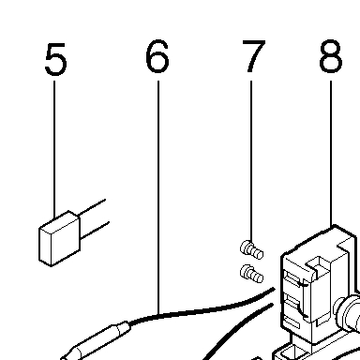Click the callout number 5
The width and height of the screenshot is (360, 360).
click(55, 59)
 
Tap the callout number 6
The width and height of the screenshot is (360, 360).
click(157, 56)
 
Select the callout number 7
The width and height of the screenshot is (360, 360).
click(253, 56)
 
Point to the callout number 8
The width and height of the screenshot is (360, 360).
click(331, 56)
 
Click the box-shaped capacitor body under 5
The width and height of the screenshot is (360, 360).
click(59, 238)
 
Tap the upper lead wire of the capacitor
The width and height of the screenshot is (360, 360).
click(92, 207)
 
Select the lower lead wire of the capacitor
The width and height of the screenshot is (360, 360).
click(95, 230)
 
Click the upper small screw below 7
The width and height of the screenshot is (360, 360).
click(251, 250)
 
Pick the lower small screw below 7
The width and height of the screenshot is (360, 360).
click(251, 274)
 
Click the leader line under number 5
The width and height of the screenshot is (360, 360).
click(54, 149)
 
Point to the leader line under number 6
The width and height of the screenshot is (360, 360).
click(158, 197)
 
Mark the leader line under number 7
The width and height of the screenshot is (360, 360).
click(251, 161)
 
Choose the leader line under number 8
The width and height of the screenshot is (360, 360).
click(331, 154)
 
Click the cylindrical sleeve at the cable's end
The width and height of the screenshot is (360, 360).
click(96, 341)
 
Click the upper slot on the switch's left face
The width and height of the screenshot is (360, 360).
click(293, 278)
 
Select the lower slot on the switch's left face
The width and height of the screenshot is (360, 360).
click(293, 304)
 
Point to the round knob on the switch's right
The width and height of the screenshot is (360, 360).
click(348, 312)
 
